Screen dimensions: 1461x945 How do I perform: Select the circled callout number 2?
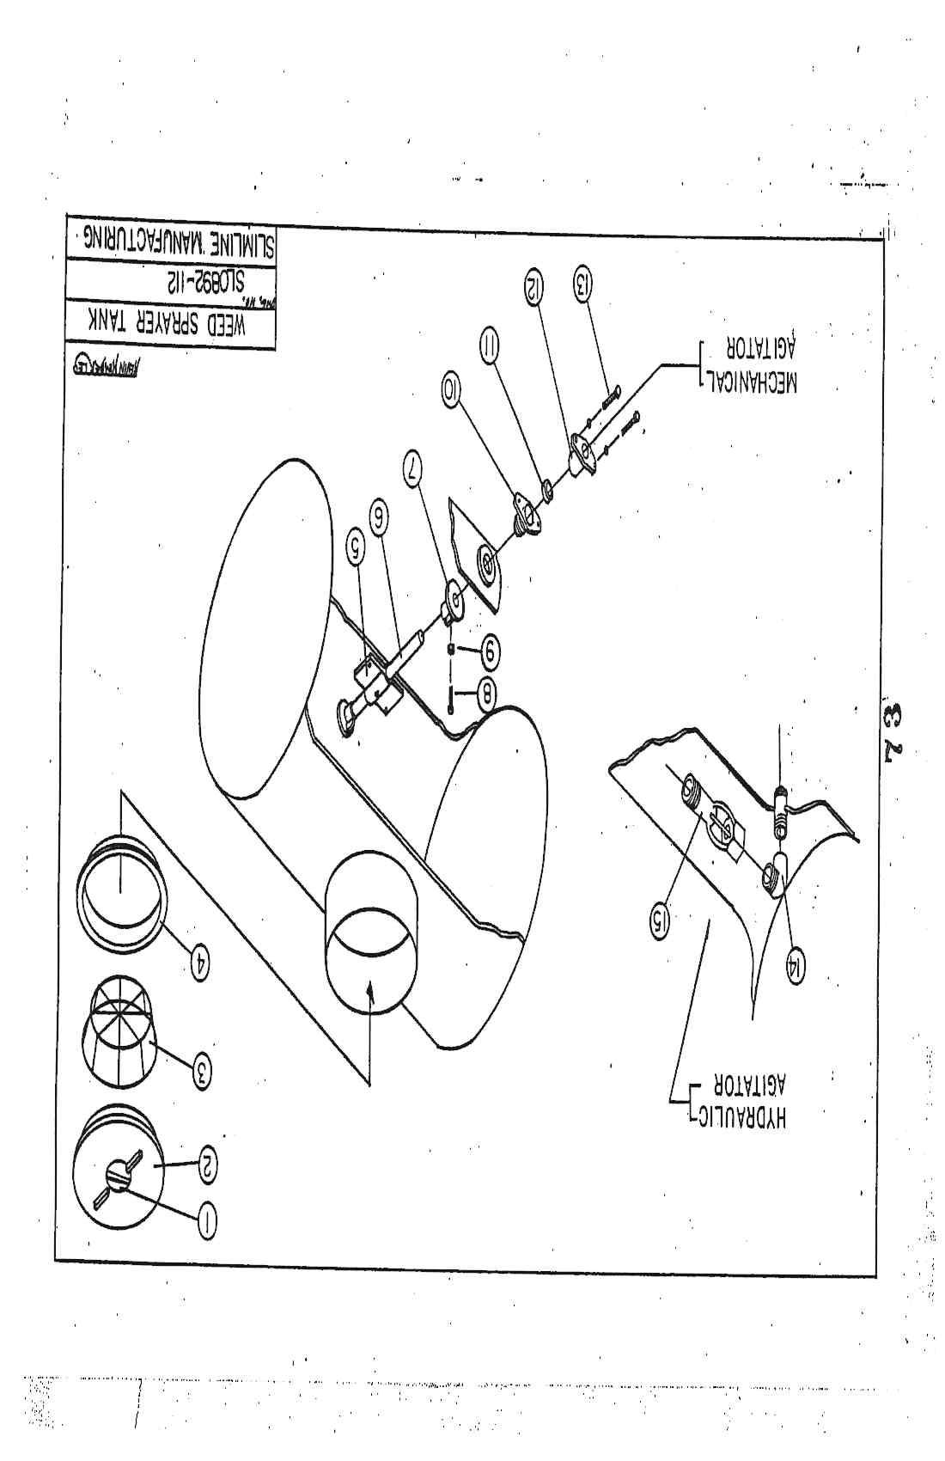pos(209,1165)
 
